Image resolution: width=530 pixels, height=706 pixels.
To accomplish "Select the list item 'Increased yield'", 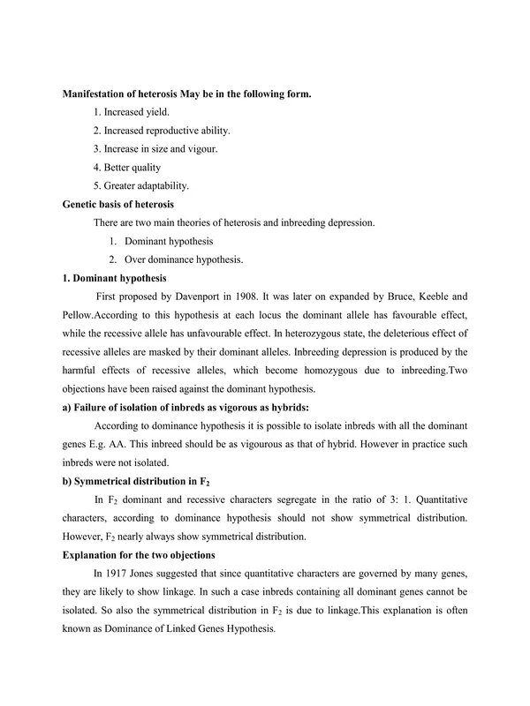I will pos(132,112).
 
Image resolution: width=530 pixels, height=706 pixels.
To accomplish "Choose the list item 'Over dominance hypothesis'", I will pos(182,260).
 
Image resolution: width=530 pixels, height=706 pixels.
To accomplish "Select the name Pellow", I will pos(77,316).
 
